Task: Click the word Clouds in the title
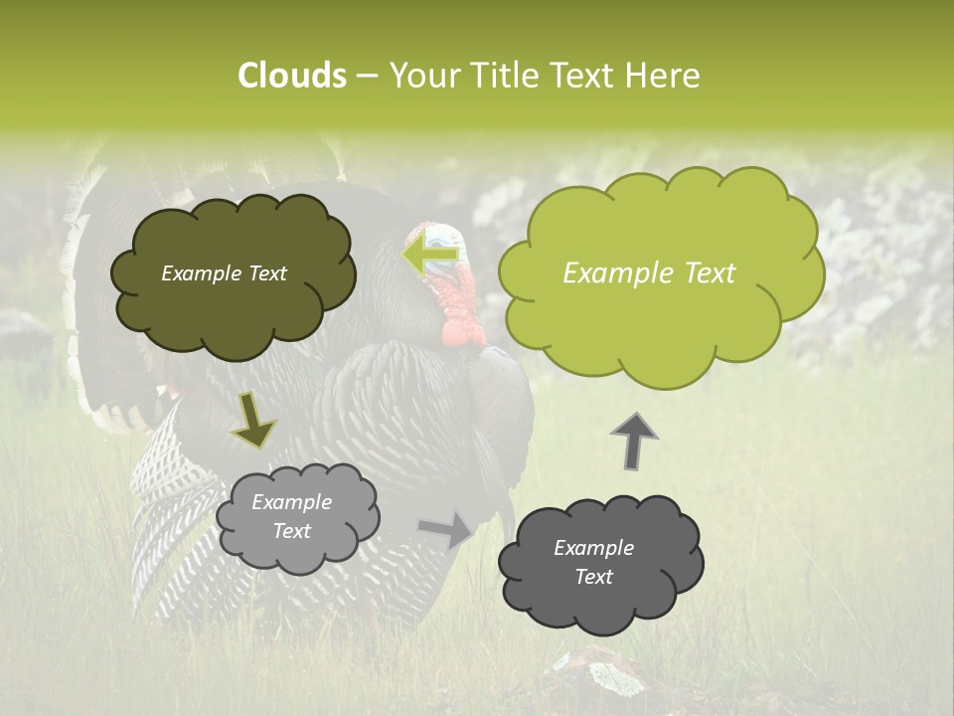[x=291, y=76]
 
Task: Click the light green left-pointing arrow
[x=431, y=255]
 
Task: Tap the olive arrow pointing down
[x=253, y=422]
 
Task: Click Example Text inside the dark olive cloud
[x=224, y=273]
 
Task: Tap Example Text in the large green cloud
[x=649, y=273]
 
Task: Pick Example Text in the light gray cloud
[x=291, y=516]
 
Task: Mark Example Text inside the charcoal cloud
[x=593, y=562]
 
